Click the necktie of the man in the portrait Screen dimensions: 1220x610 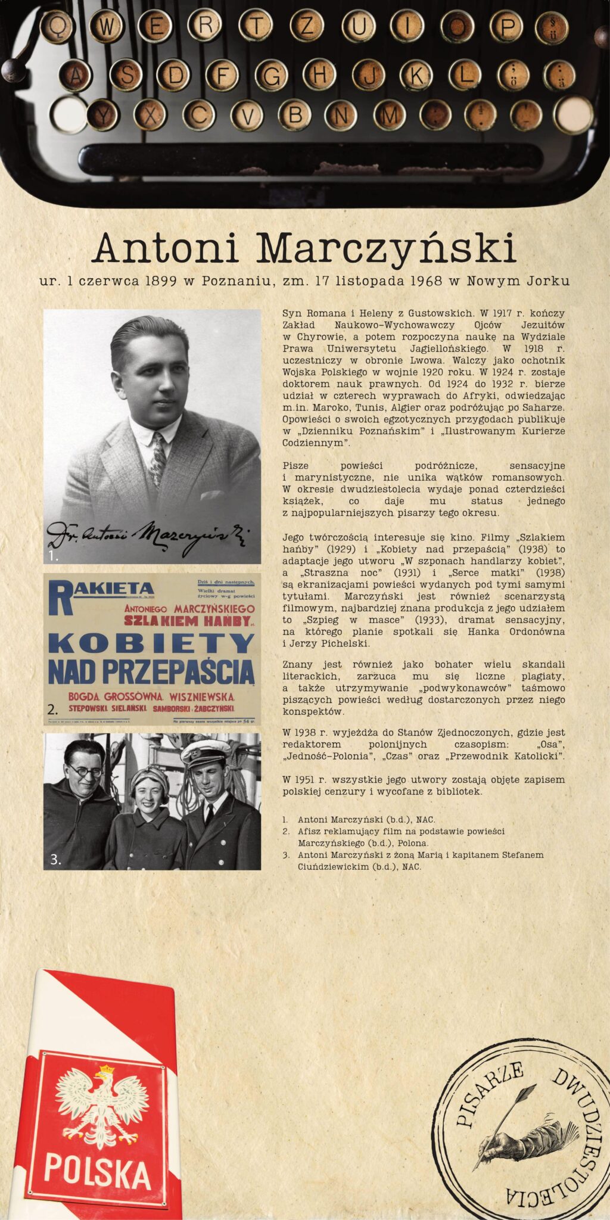coord(158,459)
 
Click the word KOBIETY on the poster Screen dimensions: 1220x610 coord(152,643)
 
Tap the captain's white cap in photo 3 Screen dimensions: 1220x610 coord(204,753)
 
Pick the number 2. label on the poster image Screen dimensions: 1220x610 coord(53,709)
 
